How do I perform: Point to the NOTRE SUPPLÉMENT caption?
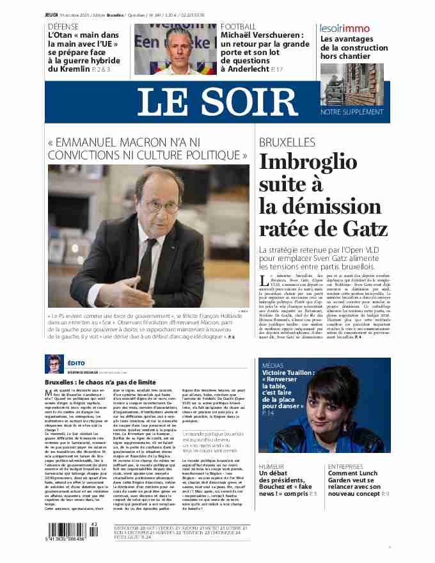pos(351,111)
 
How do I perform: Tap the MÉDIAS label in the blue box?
pos(274,365)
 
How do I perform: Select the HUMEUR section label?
pos(272,467)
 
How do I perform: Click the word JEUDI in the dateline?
pos(52,15)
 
